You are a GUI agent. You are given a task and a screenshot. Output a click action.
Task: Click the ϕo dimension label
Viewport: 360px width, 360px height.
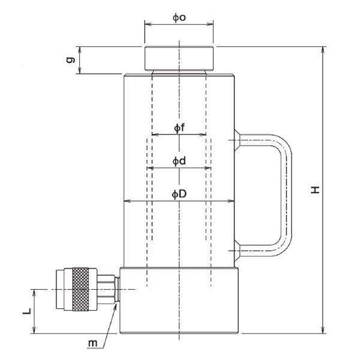[179, 17]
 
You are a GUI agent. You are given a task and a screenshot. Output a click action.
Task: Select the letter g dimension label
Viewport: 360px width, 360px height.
[70, 59]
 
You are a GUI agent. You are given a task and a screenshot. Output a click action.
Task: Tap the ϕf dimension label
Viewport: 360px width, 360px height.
[179, 128]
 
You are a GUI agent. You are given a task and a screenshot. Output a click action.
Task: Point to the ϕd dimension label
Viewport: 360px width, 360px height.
[179, 161]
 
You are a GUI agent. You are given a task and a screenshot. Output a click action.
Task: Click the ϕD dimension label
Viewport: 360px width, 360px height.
[179, 194]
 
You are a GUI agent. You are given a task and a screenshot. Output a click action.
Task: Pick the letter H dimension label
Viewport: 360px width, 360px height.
[315, 190]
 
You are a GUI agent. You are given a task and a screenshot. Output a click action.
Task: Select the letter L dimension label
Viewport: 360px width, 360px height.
[26, 311]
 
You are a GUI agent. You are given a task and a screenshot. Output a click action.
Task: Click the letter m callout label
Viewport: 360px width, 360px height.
[93, 343]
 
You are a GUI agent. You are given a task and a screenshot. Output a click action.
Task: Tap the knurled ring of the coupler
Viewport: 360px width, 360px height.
[80, 289]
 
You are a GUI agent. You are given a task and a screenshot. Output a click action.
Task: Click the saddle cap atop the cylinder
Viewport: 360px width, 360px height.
[179, 58]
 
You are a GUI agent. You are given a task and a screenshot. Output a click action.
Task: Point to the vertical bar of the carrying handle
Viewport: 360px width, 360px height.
[286, 195]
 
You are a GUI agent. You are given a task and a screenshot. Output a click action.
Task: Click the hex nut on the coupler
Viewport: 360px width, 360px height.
[106, 289]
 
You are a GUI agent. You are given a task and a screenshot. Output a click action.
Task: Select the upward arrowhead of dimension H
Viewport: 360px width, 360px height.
[323, 50]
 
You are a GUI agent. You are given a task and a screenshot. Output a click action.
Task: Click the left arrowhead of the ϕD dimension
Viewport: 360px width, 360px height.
[127, 201]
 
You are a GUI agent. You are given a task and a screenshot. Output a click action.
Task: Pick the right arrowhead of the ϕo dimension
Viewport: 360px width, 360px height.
[210, 24]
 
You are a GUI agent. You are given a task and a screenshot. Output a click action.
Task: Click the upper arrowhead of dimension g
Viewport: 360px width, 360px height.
[80, 50]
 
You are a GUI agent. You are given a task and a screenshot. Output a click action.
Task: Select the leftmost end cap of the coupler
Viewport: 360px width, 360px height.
[60, 289]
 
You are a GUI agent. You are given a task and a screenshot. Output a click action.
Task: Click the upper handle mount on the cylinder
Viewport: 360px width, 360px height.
[237, 140]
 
